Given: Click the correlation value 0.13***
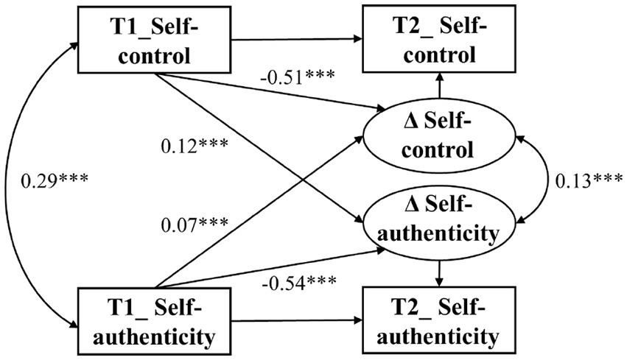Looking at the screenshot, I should point(586,180).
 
